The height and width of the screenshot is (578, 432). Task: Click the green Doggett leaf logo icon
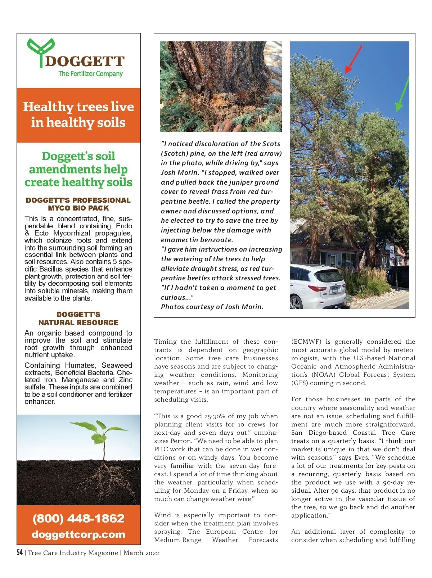click(40, 50)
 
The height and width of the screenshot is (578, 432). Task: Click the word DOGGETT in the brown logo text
click(85, 62)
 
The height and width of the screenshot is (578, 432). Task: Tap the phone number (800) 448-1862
click(78, 518)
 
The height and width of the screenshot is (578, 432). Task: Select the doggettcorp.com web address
click(78, 534)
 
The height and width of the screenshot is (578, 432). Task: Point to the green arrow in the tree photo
click(403, 94)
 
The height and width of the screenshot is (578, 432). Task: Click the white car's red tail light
click(317, 288)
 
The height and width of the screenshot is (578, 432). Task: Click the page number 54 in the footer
click(20, 553)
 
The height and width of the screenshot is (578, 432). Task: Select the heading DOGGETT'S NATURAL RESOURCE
click(78, 319)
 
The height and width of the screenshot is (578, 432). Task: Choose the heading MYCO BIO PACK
click(78, 208)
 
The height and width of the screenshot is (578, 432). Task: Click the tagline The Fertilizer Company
click(90, 74)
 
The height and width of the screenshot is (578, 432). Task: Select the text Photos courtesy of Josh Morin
click(212, 307)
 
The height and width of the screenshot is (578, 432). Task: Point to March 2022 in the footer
click(141, 553)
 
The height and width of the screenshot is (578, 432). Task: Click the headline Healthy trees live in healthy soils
click(78, 114)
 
